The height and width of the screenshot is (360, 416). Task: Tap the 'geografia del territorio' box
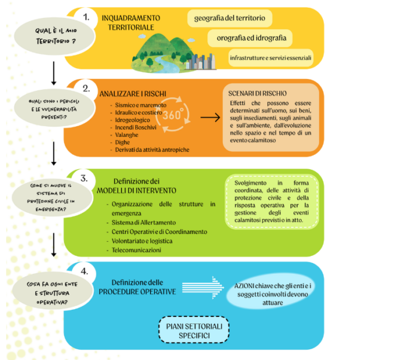[x=230, y=18]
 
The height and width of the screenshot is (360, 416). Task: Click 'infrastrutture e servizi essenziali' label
[x=271, y=58]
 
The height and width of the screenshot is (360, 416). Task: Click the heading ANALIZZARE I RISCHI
[x=133, y=94]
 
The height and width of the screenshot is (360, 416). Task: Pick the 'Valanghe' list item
[x=126, y=135]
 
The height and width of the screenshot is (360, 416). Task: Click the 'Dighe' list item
[x=122, y=142]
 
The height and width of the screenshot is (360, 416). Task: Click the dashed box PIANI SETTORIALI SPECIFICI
[x=194, y=330]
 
